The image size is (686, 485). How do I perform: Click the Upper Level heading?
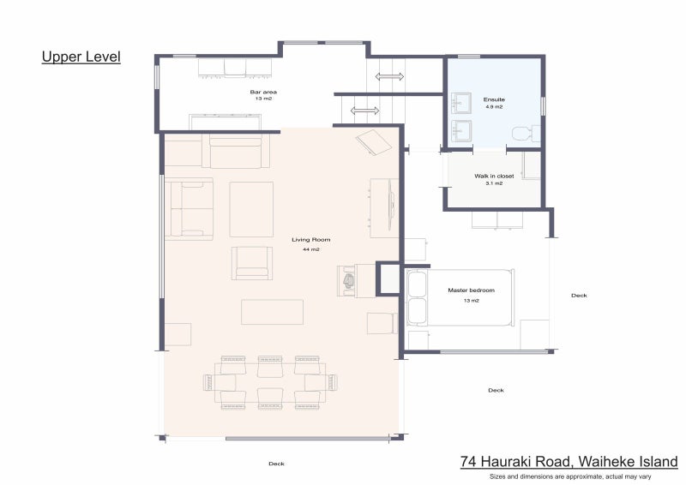[x=81, y=57]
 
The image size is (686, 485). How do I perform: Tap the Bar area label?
[x=263, y=92]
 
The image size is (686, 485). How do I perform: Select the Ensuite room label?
[x=494, y=99]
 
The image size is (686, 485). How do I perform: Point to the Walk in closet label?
[x=494, y=176]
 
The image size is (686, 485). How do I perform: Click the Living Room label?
[x=311, y=240]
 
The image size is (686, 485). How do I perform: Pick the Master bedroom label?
[x=471, y=290]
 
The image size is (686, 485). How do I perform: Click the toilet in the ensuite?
[x=526, y=134]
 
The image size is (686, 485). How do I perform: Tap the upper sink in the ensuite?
[x=461, y=103]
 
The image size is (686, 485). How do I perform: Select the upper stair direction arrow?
[x=389, y=76]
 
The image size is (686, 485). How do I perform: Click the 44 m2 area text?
[x=311, y=249]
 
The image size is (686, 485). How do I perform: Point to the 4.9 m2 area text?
[x=494, y=107]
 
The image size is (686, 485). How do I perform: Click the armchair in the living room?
[x=252, y=263]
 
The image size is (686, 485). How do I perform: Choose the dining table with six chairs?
[x=270, y=383]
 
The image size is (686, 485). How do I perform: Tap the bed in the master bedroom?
[x=460, y=297]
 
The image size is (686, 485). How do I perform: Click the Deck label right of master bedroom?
[x=579, y=295]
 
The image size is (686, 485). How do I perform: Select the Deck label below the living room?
[x=276, y=464]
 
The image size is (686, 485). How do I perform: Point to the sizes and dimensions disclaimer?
[x=570, y=476]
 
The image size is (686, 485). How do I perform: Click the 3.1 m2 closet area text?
[x=494, y=183]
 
